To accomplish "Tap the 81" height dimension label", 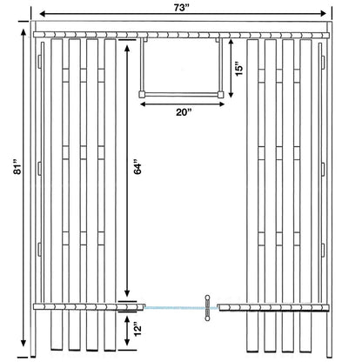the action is click(x=17, y=167).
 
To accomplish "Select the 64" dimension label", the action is click(x=137, y=167).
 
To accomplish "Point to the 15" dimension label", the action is click(x=238, y=69).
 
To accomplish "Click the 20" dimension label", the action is click(x=184, y=112).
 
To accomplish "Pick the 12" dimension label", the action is click(x=137, y=329).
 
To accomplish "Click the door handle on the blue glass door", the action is click(x=207, y=308).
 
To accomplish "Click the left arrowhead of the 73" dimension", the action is click(x=43, y=13).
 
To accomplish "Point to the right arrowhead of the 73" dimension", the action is click(x=324, y=13).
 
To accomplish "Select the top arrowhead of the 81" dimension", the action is click(x=23, y=33).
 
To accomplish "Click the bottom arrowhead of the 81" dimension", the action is click(x=23, y=343).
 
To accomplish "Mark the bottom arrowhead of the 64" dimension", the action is click(x=127, y=293).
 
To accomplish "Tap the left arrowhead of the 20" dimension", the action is click(x=144, y=104).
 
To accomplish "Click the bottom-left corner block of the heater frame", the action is click(x=142, y=94).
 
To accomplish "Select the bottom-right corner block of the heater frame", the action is click(x=221, y=94).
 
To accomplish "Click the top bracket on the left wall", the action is click(x=40, y=62).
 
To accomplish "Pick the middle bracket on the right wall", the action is click(x=323, y=169).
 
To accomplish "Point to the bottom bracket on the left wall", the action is click(x=40, y=250).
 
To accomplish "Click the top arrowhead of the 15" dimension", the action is click(x=231, y=43).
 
